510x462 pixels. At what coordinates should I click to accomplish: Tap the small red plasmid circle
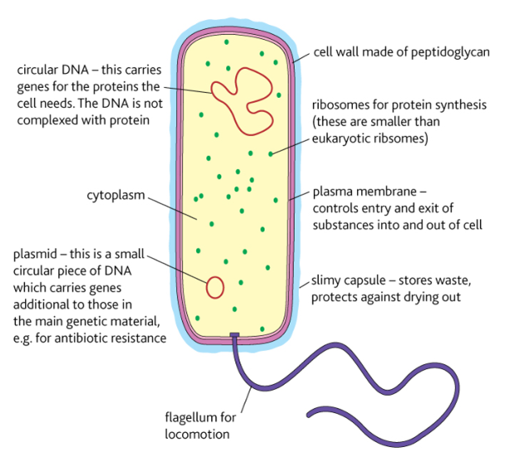click(x=214, y=286)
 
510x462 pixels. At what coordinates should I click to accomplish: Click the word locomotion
click(x=196, y=432)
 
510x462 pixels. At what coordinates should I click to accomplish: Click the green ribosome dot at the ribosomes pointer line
click(x=271, y=153)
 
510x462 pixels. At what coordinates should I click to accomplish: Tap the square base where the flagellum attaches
click(x=235, y=336)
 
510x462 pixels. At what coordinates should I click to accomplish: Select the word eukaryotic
click(x=344, y=139)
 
